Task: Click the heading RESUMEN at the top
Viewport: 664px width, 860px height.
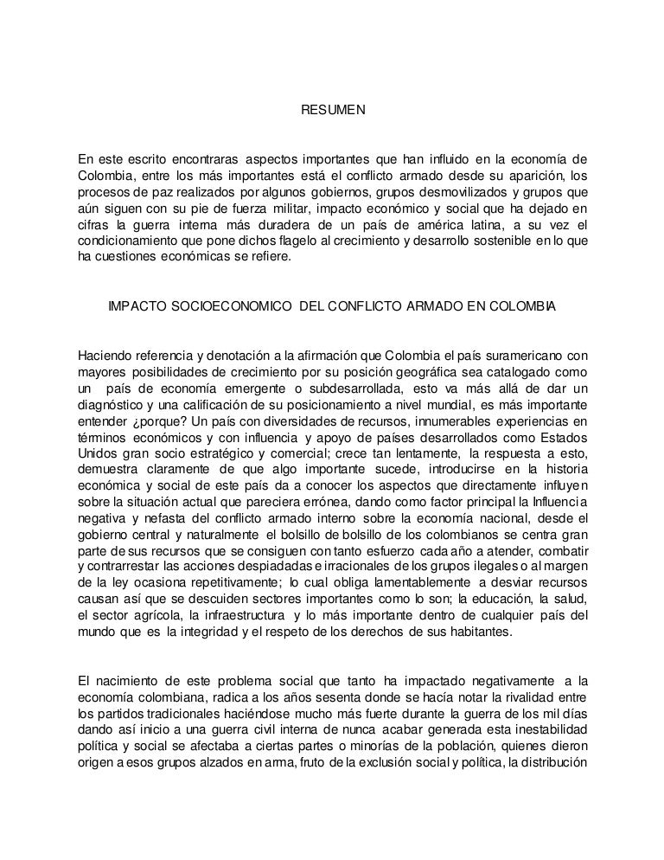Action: (x=333, y=112)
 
